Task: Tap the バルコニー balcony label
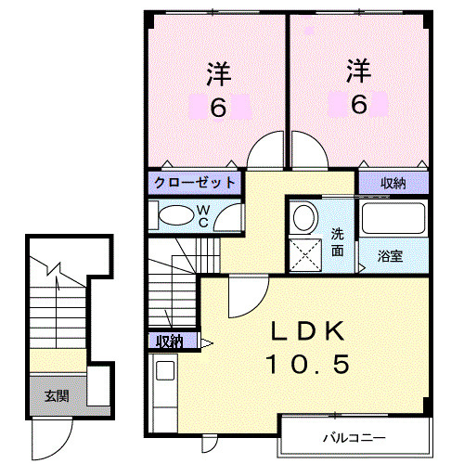tap(353, 436)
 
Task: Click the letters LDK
tap(309, 331)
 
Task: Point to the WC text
tap(201, 216)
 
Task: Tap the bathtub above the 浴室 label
tap(393, 220)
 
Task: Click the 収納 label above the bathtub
tap(393, 183)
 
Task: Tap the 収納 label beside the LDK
tap(170, 342)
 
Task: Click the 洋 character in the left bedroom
tap(217, 70)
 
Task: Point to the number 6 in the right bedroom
tap(358, 104)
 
